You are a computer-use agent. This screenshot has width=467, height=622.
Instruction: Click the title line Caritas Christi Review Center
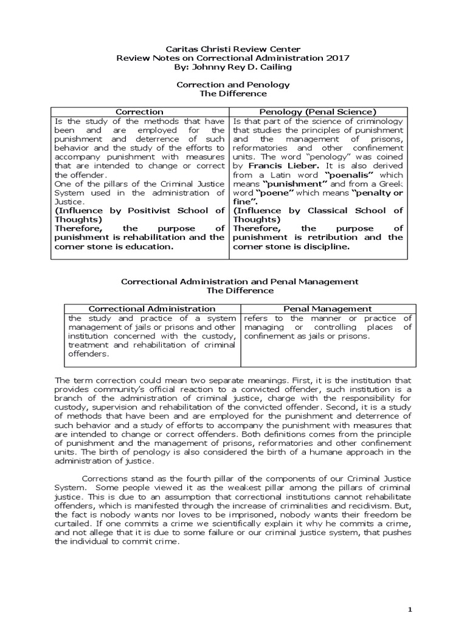click(233, 49)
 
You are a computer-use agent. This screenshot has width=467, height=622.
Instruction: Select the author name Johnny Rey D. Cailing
click(242, 67)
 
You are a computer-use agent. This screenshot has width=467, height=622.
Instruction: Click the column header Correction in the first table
click(139, 112)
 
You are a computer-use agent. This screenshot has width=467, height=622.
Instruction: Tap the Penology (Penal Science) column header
click(318, 112)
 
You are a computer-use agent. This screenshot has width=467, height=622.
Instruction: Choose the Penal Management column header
click(328, 309)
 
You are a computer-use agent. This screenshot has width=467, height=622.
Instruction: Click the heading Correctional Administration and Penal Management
click(240, 282)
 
